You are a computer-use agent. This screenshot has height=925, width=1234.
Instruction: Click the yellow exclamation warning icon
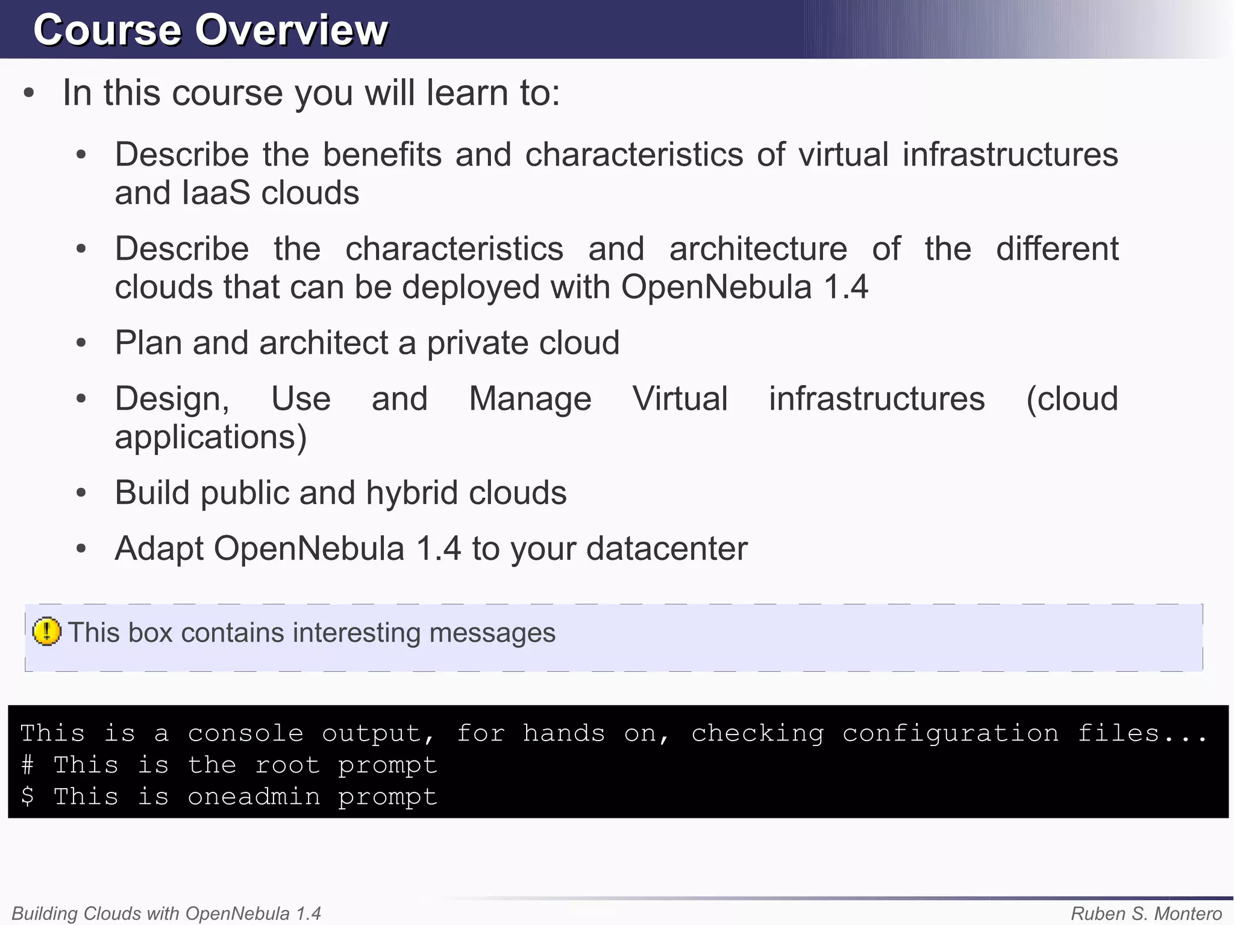[46, 632]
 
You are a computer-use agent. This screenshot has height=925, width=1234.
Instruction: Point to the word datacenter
[666, 549]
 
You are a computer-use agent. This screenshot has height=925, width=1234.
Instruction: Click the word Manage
[530, 399]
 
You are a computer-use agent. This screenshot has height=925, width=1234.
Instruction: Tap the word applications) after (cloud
[211, 437]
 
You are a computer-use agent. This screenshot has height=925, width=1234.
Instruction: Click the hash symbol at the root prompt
[27, 765]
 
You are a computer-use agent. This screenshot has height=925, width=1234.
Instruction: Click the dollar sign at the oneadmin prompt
[27, 797]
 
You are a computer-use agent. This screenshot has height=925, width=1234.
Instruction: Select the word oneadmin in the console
[254, 797]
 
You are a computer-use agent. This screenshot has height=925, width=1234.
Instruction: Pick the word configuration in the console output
[950, 733]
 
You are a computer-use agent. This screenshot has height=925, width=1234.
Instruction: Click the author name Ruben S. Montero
[1146, 914]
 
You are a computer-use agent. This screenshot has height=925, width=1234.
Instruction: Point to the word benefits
[382, 155]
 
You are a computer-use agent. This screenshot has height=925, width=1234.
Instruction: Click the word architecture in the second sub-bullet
[758, 249]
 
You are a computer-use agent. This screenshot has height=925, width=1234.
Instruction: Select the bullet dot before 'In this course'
[28, 93]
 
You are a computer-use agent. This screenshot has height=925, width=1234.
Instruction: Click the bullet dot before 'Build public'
[81, 493]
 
